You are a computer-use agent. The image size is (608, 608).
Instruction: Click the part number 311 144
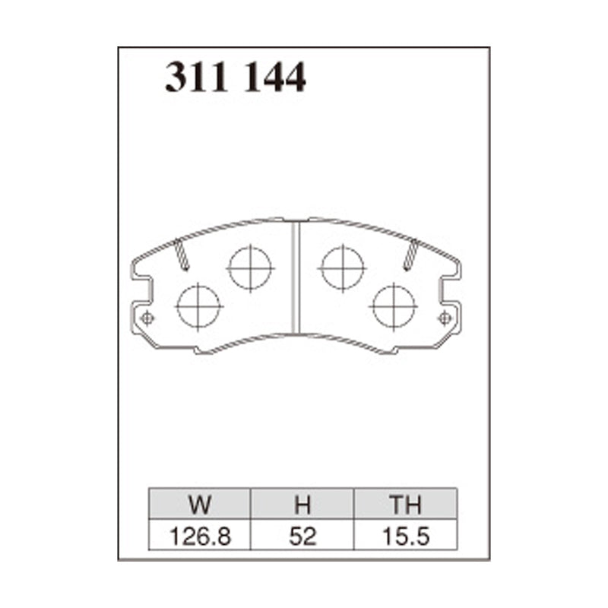click(236, 78)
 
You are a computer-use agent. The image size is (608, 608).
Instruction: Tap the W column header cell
click(200, 505)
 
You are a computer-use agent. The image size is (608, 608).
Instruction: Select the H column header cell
click(302, 505)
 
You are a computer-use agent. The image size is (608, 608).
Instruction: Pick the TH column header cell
click(406, 505)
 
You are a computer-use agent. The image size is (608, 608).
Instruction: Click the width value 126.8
click(200, 537)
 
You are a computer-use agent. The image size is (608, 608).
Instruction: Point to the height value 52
click(302, 537)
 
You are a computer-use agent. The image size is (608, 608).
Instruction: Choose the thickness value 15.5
click(406, 537)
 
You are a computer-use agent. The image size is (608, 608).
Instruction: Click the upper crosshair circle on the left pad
click(250, 268)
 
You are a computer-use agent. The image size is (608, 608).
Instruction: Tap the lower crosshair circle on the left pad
click(198, 306)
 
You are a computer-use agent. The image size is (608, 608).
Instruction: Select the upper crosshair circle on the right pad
click(343, 268)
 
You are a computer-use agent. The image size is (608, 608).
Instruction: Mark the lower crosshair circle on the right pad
click(394, 306)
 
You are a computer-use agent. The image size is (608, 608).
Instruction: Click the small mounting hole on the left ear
click(147, 318)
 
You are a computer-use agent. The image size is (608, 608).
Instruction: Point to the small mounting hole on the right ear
click(445, 318)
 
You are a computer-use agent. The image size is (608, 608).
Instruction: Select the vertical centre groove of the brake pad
click(296, 277)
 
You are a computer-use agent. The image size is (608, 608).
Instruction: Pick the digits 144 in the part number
click(274, 78)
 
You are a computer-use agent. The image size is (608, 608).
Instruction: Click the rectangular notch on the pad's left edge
click(141, 290)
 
